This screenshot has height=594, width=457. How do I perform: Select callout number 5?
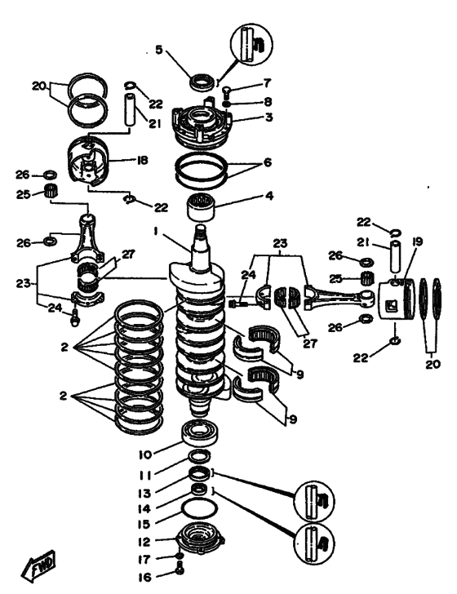click(159, 50)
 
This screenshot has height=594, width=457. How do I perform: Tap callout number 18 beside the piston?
click(142, 160)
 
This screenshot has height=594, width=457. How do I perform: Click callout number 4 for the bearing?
click(268, 196)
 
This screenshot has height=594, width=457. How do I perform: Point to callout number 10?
click(144, 454)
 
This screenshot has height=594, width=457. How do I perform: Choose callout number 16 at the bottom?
click(144, 578)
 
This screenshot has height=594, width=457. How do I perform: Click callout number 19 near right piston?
click(417, 242)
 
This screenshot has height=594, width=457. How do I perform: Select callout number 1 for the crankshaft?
click(155, 232)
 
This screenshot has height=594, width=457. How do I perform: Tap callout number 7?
click(268, 82)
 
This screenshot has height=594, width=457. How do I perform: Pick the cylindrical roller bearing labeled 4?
click(202, 207)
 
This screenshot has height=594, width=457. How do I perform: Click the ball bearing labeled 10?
click(200, 432)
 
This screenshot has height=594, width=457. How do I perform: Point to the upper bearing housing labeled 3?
click(200, 124)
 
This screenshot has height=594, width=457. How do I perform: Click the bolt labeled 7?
click(225, 91)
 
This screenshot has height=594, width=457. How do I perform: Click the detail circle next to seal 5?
click(251, 44)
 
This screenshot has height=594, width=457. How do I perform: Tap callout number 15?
click(144, 525)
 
